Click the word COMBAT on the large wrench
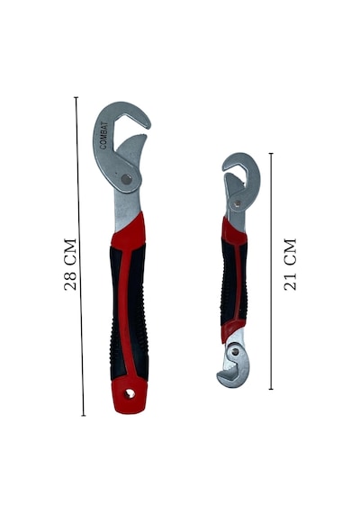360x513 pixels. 103,135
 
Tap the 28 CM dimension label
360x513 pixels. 70,265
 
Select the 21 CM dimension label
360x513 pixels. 290,265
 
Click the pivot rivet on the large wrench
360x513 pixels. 126,179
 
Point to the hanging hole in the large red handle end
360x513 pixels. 130,393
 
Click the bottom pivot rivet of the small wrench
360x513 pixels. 234,352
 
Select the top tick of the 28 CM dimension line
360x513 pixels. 76,97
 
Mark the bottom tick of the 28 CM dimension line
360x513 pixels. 84,416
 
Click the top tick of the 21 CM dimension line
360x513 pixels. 271,153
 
